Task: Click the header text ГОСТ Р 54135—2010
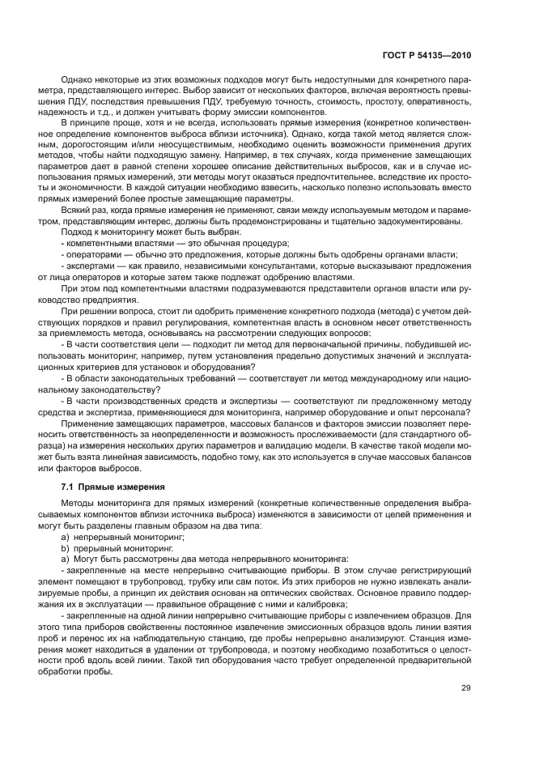click(427, 56)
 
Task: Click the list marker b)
click(66, 548)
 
